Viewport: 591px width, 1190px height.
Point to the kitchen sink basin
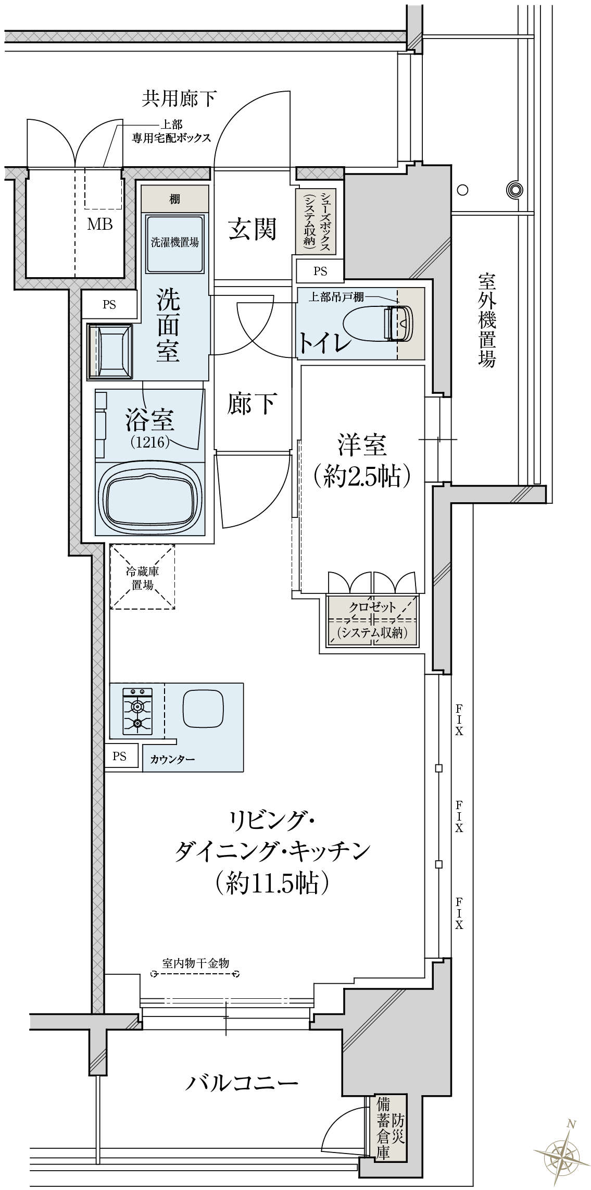point(204,709)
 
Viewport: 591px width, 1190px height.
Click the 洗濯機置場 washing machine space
point(174,243)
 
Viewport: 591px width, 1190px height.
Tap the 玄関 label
point(253,229)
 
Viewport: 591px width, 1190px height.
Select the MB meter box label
point(99,224)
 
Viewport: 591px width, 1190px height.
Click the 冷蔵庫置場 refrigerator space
point(142,577)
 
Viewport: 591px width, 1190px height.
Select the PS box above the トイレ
point(320,271)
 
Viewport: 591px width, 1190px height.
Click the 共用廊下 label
point(179,98)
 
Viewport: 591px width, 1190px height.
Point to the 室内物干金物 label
point(195,963)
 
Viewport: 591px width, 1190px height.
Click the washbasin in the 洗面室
point(110,350)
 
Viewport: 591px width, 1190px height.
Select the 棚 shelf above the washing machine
point(174,199)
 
